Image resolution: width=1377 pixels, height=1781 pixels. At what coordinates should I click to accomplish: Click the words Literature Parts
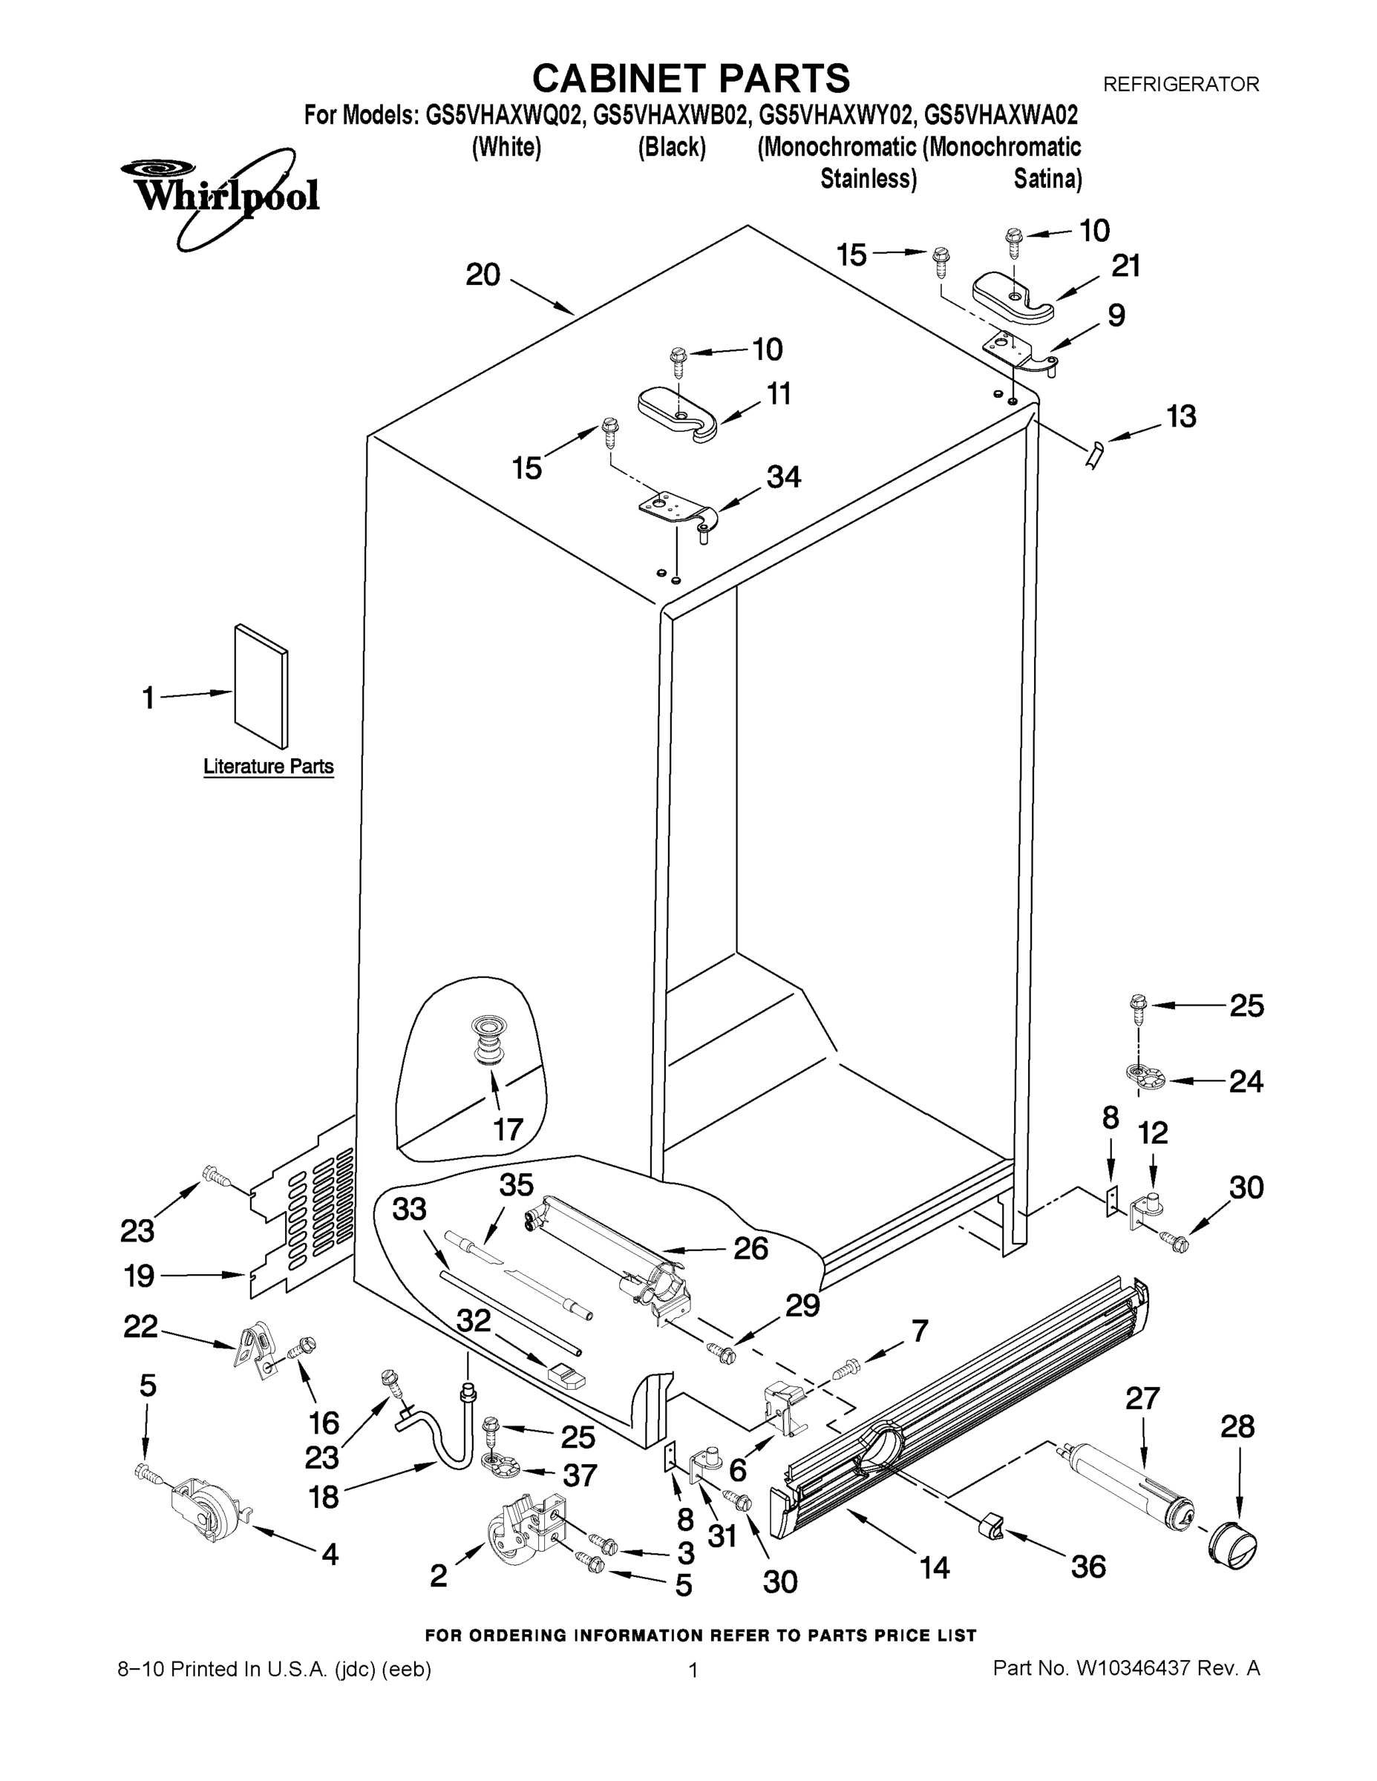point(269,767)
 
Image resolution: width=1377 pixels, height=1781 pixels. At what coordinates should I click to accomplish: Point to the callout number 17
point(508,1129)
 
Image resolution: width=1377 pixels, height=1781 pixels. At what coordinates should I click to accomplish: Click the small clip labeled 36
point(991,1523)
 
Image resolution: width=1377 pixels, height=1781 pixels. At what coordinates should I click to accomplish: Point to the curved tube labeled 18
point(440,1435)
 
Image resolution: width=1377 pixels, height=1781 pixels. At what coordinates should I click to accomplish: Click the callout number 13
point(1180,417)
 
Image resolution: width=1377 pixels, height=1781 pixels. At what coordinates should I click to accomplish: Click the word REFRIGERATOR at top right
point(1180,84)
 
